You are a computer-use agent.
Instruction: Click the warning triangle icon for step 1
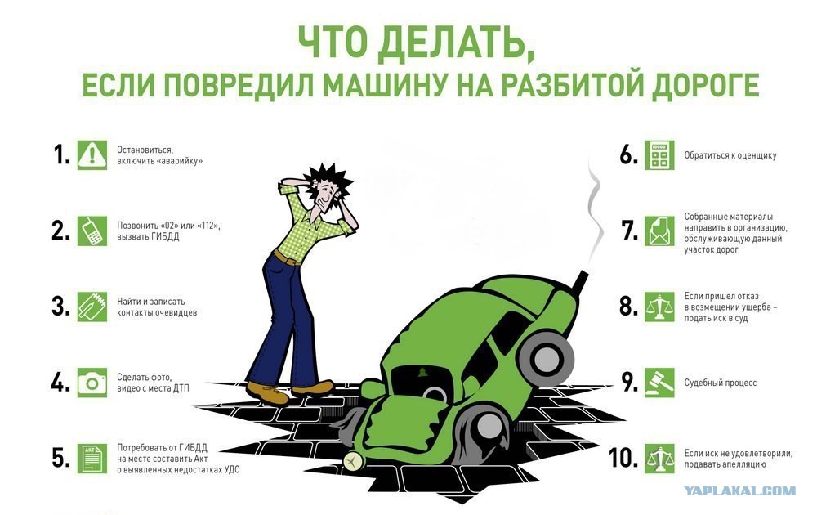[92, 154]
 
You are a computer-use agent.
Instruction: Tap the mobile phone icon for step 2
[92, 231]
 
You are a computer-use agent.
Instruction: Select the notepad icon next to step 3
[92, 307]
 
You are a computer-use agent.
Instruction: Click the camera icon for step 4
[92, 383]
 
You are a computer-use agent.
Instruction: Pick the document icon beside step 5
[92, 459]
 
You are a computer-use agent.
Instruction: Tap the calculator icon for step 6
[659, 154]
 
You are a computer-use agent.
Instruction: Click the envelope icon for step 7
[659, 231]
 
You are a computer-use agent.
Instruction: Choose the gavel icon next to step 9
[659, 383]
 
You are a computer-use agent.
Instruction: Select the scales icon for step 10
[659, 459]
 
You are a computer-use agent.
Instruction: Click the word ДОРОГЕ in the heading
[706, 86]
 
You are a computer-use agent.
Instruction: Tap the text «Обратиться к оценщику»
[730, 155]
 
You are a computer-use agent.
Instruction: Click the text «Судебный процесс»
[720, 383]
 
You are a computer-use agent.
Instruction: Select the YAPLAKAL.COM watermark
[739, 490]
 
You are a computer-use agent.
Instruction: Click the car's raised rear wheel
[546, 357]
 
